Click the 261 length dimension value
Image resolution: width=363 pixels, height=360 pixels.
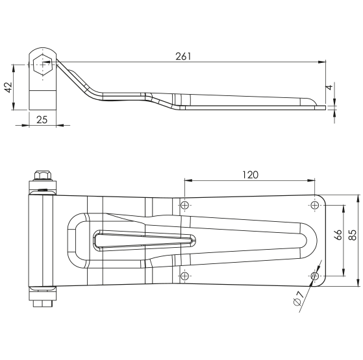183,56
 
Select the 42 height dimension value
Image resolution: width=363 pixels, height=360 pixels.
9,87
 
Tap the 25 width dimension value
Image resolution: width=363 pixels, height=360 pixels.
42,120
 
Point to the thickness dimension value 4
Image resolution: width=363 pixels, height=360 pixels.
329,87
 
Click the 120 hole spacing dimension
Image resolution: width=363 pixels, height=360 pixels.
250,174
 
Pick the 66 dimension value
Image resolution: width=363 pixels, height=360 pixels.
338,235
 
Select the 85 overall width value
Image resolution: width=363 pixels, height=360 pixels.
353,235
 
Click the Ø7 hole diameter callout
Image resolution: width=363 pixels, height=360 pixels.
299,298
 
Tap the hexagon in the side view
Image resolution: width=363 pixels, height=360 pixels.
42,64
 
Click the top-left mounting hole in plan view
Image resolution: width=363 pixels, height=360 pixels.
184,205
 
